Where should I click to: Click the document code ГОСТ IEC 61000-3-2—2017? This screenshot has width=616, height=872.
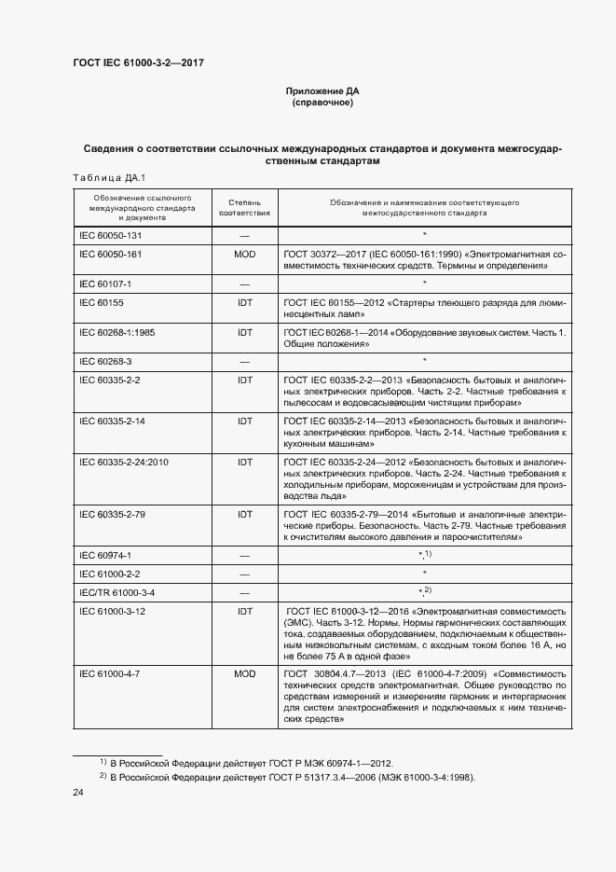click(138, 62)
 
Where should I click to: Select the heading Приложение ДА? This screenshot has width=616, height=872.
click(322, 90)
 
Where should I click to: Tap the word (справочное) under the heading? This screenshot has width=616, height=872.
click(322, 103)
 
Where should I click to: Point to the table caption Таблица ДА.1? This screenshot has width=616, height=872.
click(103, 178)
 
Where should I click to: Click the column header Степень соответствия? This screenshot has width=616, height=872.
click(244, 207)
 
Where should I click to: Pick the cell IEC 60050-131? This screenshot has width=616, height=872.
click(110, 236)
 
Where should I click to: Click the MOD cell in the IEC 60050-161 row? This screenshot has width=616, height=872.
click(244, 254)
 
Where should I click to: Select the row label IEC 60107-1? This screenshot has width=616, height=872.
click(104, 283)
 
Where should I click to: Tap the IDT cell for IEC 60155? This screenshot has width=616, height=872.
click(244, 303)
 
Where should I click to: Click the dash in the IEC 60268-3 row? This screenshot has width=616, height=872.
click(244, 360)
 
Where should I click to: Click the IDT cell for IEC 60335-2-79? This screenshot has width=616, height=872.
click(244, 514)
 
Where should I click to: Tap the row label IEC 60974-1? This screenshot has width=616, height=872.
click(104, 555)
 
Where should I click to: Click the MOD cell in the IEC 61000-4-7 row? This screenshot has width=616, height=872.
click(244, 672)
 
